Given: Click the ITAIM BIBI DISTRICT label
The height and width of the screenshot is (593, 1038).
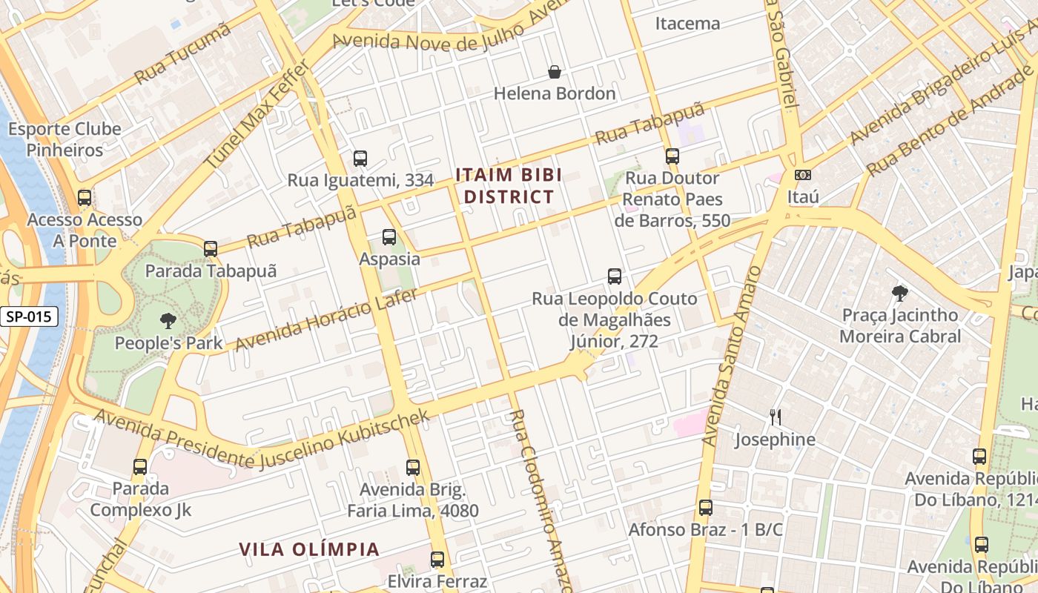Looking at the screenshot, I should point(508,186).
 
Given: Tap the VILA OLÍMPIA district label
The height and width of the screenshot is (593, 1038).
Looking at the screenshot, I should point(309,549).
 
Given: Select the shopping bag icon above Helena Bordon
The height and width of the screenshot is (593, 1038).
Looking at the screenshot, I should point(554,72).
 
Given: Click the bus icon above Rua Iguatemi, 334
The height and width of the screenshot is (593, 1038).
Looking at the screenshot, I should point(360,158).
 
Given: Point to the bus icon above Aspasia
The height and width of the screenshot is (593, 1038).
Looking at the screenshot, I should point(389,237).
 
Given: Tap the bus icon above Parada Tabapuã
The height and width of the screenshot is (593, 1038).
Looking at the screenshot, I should point(211,249).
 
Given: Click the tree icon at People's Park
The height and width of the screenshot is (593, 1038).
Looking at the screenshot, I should point(168,321).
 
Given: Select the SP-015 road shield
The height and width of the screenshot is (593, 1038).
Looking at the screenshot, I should point(29,317).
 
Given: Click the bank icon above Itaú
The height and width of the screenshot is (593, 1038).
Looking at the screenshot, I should point(802,175).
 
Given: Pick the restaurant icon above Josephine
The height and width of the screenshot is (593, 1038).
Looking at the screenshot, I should point(775,417).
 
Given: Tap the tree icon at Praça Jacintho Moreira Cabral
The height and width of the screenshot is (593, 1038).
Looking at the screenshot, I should point(900,293).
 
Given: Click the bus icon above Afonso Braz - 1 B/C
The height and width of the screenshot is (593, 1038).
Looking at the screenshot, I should point(706,508).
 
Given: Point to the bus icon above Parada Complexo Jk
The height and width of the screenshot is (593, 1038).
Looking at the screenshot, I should point(140,467).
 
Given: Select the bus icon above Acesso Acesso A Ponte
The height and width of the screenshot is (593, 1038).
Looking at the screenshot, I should point(85,198).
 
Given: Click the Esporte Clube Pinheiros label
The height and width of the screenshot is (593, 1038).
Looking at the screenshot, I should point(65,139).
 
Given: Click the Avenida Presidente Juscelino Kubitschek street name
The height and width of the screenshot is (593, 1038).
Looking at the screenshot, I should point(262,440).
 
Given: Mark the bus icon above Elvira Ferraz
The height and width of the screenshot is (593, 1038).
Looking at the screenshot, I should point(437,560).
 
